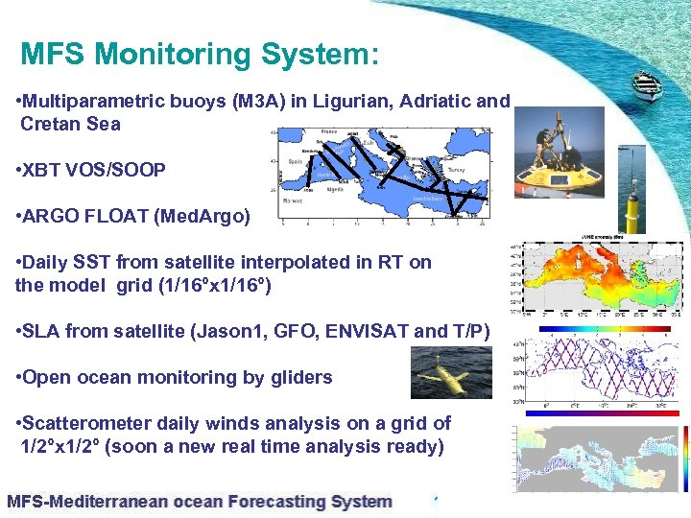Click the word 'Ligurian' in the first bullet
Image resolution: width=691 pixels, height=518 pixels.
coord(351,102)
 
